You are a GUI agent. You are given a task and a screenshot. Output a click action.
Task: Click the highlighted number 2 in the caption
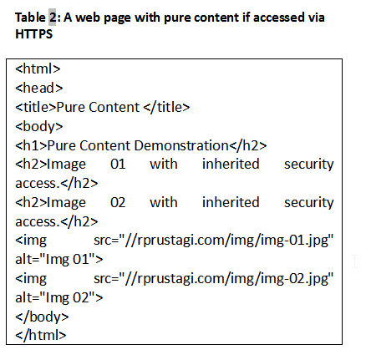52,18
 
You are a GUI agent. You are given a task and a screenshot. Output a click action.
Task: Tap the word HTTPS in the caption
33,34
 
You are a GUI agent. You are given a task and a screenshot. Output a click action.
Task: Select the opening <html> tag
38,68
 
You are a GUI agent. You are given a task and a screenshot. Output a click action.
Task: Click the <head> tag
39,88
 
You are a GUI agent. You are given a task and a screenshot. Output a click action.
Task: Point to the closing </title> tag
166,107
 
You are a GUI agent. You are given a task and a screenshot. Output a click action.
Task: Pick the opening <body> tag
39,126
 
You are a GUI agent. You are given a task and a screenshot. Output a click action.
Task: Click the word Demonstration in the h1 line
181,145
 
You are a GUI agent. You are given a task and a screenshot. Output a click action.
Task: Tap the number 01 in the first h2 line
118,164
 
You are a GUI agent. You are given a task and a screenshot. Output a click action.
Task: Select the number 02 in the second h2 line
118,202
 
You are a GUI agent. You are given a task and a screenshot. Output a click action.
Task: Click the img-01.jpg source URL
213,241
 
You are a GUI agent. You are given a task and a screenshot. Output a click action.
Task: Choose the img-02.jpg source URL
213,279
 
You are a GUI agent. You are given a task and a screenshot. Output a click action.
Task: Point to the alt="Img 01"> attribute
59,259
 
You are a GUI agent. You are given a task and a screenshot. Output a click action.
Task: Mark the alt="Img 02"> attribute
59,297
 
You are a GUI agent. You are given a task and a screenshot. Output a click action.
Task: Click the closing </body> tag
42,317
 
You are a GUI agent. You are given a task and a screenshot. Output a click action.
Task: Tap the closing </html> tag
41,335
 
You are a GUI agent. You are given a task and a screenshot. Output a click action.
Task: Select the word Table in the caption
30,18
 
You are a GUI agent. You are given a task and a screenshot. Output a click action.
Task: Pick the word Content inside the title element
114,107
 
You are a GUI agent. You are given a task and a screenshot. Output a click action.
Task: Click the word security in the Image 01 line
308,165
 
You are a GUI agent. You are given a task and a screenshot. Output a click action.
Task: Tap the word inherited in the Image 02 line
231,202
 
